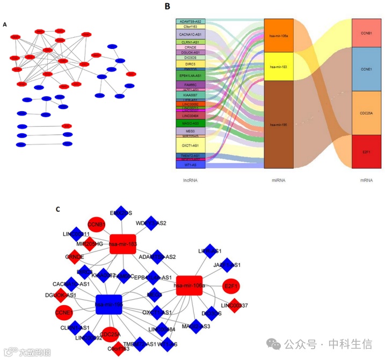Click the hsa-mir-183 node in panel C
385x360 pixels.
tap(122, 244)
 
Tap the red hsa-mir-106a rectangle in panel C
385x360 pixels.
tap(189, 285)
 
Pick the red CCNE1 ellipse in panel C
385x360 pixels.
tap(64, 312)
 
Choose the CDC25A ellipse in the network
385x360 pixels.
tap(111, 334)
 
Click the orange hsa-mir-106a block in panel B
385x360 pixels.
tap(279, 35)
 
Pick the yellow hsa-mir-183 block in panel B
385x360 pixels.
tap(279, 66)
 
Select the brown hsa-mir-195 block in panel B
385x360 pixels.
tap(279, 125)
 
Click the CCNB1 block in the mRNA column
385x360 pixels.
tap(367, 33)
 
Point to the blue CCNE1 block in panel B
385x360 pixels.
tap(367, 69)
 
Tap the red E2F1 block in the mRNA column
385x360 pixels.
tap(367, 152)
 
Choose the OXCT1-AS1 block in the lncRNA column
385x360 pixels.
tap(190, 145)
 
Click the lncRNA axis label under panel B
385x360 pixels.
tap(190, 180)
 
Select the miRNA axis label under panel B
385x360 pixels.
tap(279, 180)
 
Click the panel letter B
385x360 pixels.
tap(167, 6)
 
